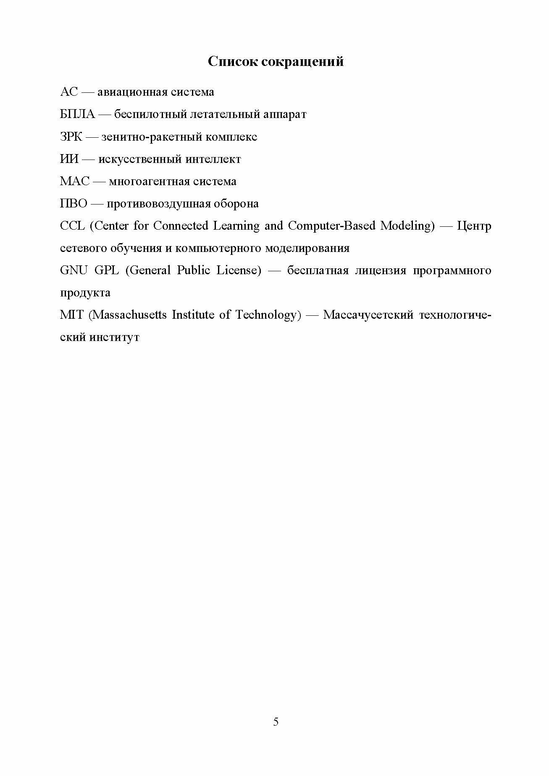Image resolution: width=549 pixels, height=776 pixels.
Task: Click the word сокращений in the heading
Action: click(x=302, y=62)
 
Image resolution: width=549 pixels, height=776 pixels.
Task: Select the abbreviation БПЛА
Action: click(x=78, y=114)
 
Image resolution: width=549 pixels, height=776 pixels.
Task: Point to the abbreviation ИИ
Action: click(x=69, y=159)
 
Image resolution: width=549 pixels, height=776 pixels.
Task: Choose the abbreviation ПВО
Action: click(x=74, y=204)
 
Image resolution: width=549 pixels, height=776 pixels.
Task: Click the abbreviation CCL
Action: click(x=72, y=226)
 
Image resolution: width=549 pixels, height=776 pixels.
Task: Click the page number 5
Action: click(x=276, y=722)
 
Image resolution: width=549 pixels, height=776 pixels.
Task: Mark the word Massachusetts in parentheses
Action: click(x=128, y=315)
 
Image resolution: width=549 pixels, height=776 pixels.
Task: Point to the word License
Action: click(x=238, y=270)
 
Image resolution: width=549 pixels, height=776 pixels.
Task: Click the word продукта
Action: click(x=85, y=293)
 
